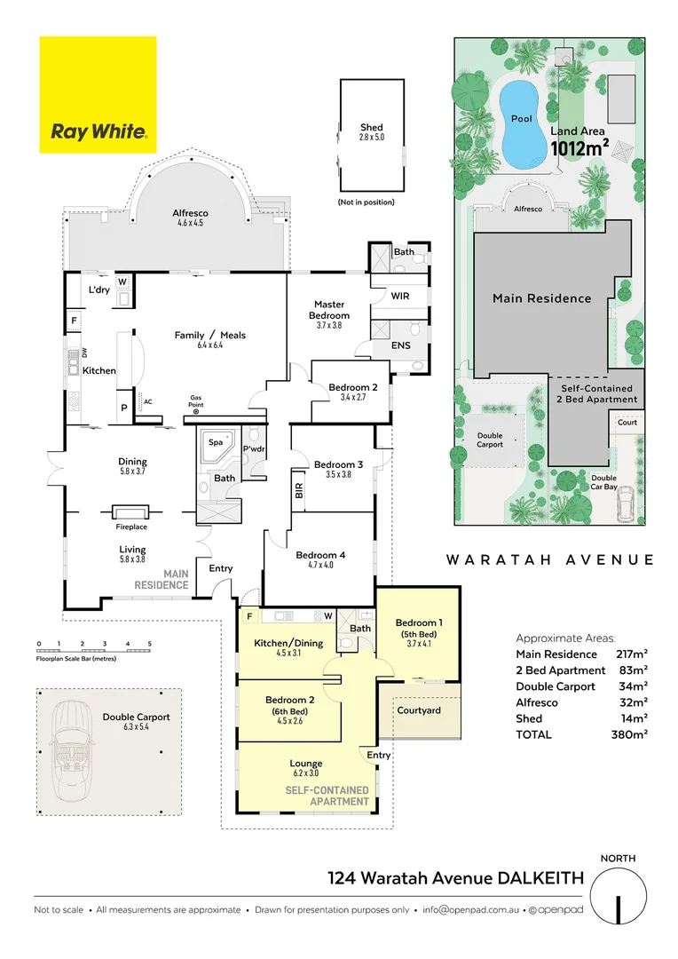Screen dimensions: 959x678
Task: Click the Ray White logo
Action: pyautogui.click(x=98, y=94)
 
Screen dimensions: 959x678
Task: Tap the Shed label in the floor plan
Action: pyautogui.click(x=371, y=128)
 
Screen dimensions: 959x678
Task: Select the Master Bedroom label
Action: pyautogui.click(x=329, y=310)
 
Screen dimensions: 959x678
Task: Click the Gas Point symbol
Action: pyautogui.click(x=196, y=411)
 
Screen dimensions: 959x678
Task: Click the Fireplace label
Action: pyautogui.click(x=130, y=526)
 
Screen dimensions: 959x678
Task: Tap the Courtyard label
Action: pyautogui.click(x=419, y=710)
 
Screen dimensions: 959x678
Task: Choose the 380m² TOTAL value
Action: pyautogui.click(x=632, y=734)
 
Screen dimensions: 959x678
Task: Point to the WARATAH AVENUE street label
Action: pyautogui.click(x=549, y=560)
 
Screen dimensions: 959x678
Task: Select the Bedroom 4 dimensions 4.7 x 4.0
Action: pyautogui.click(x=315, y=565)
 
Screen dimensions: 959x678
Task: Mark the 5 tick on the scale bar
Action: pyautogui.click(x=150, y=644)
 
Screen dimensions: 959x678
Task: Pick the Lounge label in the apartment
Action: pyautogui.click(x=305, y=764)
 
